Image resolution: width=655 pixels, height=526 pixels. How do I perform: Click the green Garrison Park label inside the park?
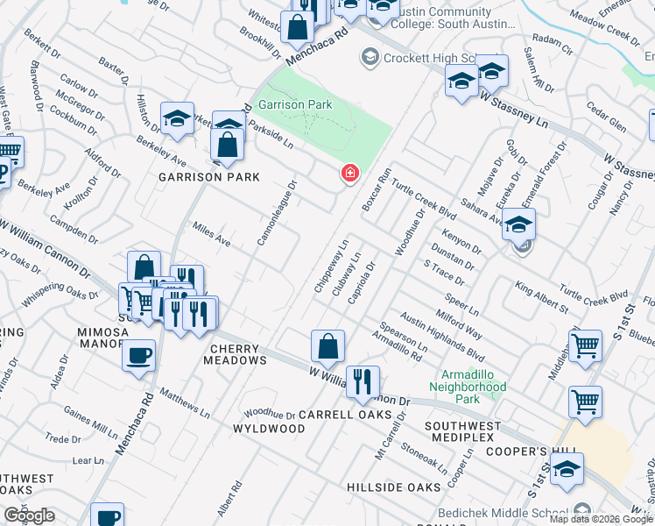[x=295, y=104]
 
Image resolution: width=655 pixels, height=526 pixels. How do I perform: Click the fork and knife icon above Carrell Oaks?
[x=363, y=382]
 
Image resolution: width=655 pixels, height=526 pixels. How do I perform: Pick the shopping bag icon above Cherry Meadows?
[x=327, y=346]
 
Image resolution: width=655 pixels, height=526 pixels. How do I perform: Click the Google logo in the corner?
[x=30, y=515]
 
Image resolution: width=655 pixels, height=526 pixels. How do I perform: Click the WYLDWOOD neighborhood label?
[x=269, y=429]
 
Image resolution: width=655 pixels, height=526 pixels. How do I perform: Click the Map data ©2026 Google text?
[x=601, y=519]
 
